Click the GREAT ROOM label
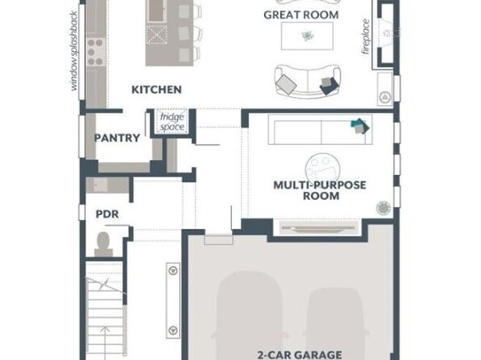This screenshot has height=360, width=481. coord(301,15)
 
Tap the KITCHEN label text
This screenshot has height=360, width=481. coord(156,90)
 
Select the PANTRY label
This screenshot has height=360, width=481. coord(117,138)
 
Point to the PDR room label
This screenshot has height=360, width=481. coord(107,214)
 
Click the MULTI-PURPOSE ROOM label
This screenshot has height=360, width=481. coord(320,190)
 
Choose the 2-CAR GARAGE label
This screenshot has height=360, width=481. coord(300,355)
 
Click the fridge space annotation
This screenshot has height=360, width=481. coord(172,122)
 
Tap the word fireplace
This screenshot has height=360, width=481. coord(366,36)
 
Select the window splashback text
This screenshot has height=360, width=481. coord(74,51)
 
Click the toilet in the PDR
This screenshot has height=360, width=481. coord(103,244)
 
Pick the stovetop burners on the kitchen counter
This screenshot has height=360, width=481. coord(96,52)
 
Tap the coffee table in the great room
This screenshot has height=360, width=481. coord(307,36)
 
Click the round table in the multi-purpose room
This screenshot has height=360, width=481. coord(321,169)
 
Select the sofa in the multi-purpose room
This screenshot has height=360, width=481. coord(320,129)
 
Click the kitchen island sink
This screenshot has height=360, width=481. coord(156,11)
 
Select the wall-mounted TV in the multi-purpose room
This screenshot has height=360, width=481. coord(319,228)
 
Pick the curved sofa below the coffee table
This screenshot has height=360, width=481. coord(308,81)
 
